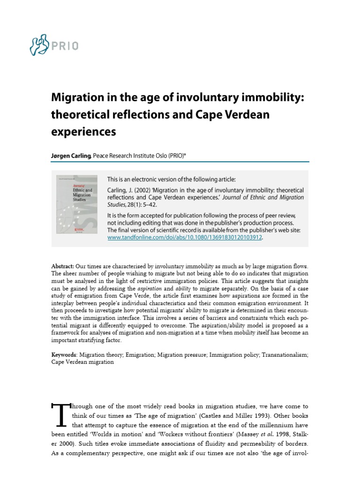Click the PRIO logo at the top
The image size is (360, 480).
pyautogui.click(x=54, y=45)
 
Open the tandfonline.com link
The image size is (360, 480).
pyautogui.click(x=186, y=238)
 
